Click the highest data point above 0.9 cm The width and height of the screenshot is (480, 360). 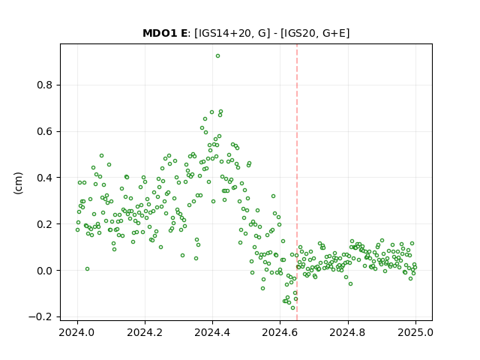[x=217, y=56]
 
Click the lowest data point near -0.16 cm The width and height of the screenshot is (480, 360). [x=292, y=308]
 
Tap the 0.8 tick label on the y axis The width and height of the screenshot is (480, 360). [x=44, y=85]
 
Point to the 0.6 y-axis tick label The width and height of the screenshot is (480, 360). [x=44, y=132]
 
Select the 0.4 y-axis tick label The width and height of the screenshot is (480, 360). [x=44, y=178]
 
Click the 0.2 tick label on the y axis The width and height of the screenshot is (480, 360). [x=44, y=224]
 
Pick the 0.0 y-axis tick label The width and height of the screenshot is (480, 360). [x=44, y=271]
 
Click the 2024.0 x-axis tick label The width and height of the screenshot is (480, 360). [x=77, y=332]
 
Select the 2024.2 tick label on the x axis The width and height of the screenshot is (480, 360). [x=145, y=332]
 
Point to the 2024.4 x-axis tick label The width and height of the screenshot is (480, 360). [x=212, y=332]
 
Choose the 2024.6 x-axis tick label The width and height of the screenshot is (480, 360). [x=280, y=332]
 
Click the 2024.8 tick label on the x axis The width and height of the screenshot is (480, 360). [x=347, y=332]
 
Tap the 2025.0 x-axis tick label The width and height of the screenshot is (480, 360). [x=415, y=332]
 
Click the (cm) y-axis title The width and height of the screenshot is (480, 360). [x=18, y=183]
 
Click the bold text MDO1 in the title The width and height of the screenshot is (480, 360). [x=160, y=33]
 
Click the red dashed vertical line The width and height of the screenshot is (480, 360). [x=297, y=182]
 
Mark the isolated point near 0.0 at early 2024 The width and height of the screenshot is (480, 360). [x=87, y=268]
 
